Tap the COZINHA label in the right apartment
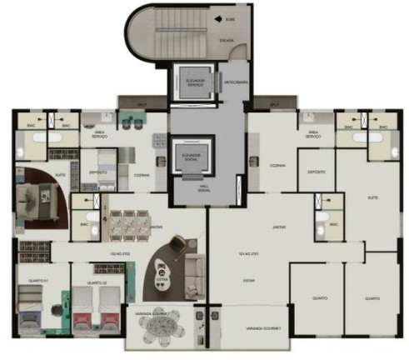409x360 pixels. tap(277, 165)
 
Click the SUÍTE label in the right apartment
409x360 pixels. tap(372, 197)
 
